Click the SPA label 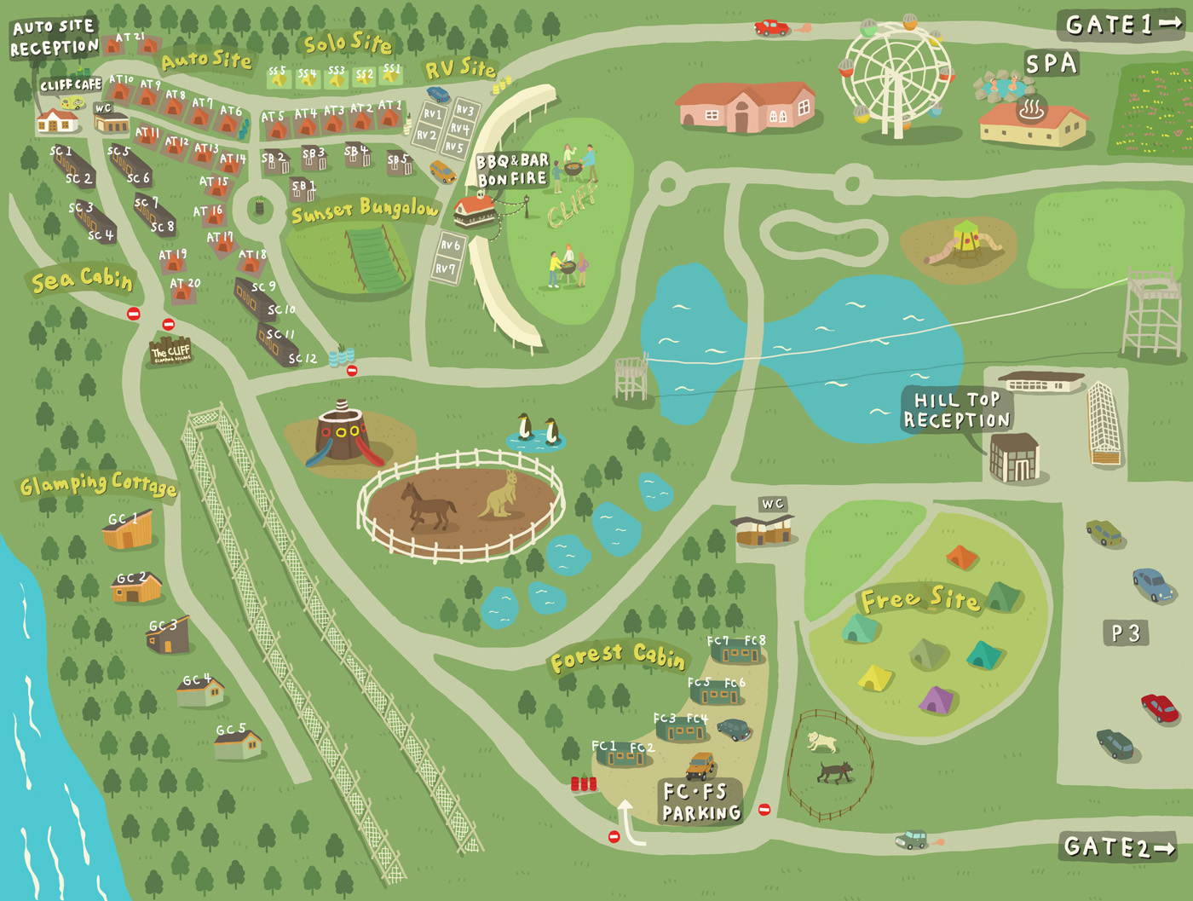pos(1051,64)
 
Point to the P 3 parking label pos(1125,633)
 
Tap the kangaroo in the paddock pos(501,496)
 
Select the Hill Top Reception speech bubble pos(957,410)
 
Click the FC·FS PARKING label pos(700,802)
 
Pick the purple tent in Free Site pos(936,700)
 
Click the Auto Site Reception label pos(54,38)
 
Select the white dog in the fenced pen pos(821,742)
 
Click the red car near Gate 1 pos(771,28)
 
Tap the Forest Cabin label pos(617,656)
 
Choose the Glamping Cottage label pos(98,485)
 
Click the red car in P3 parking pos(1159,708)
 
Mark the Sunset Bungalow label pos(365,210)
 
